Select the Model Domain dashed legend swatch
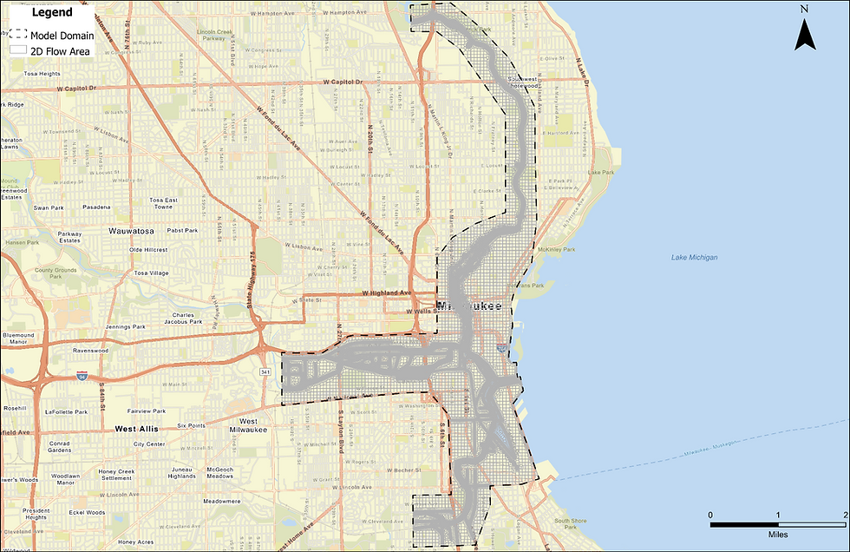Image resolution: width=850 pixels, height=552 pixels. point(18,36)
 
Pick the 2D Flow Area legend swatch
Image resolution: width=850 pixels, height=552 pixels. point(18,50)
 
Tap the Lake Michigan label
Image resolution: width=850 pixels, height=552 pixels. point(695,257)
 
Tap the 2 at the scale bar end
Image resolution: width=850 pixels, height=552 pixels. point(845,516)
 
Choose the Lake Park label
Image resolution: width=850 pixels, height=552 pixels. point(601,172)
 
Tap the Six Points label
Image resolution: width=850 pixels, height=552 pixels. point(191,425)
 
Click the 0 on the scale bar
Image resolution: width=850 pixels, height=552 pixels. point(711,516)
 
